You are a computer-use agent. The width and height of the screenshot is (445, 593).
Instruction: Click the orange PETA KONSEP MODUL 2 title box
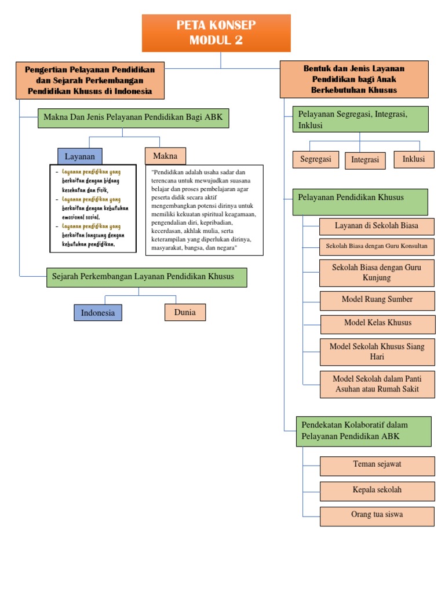tap(216, 33)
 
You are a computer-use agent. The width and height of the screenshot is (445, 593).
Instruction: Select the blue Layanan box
tap(80, 156)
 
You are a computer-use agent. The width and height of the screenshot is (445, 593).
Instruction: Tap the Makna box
tap(165, 156)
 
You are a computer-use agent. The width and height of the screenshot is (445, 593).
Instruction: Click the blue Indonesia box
tap(98, 313)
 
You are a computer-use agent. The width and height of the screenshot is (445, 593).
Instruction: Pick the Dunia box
tap(185, 312)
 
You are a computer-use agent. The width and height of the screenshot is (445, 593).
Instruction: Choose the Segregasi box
tap(316, 159)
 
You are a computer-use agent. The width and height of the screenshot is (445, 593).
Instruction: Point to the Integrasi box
tap(365, 160)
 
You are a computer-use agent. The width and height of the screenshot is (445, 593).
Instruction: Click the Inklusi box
tap(414, 159)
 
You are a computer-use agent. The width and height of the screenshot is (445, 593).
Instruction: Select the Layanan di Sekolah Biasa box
tap(377, 226)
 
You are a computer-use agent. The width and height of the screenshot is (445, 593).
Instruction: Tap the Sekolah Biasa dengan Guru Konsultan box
tap(377, 246)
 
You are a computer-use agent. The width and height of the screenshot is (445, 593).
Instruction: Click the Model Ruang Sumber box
tap(377, 300)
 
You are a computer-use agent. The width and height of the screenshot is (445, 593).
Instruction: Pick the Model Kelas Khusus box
tap(377, 323)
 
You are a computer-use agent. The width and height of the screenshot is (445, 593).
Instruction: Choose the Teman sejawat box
tap(377, 465)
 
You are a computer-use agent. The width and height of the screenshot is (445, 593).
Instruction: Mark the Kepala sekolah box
tap(377, 490)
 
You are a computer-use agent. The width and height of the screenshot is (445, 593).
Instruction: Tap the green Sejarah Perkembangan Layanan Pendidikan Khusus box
tap(147, 277)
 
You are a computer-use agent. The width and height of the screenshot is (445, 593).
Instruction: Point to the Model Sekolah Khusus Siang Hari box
tap(377, 352)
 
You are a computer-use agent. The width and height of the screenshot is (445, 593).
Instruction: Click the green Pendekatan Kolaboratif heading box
tap(363, 431)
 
